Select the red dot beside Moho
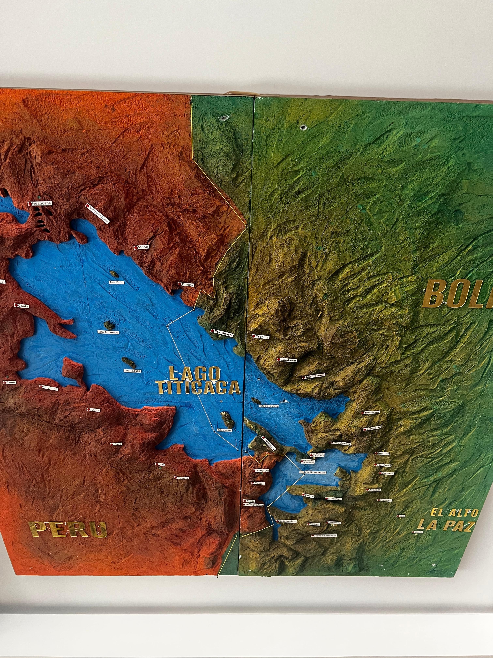[x=136, y=248]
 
